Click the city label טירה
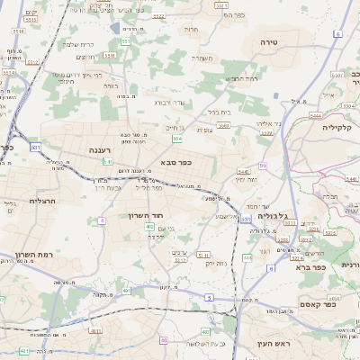pyautogui.click(x=268, y=42)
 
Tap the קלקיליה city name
pyautogui.click(x=342, y=128)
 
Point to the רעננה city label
pyautogui.click(x=102, y=149)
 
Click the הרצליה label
pyautogui.click(x=42, y=201)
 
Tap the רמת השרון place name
pyautogui.click(x=33, y=256)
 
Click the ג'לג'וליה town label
pyautogui.click(x=273, y=216)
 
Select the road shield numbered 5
pyautogui.click(x=209, y=297)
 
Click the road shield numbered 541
pyautogui.click(x=34, y=146)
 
